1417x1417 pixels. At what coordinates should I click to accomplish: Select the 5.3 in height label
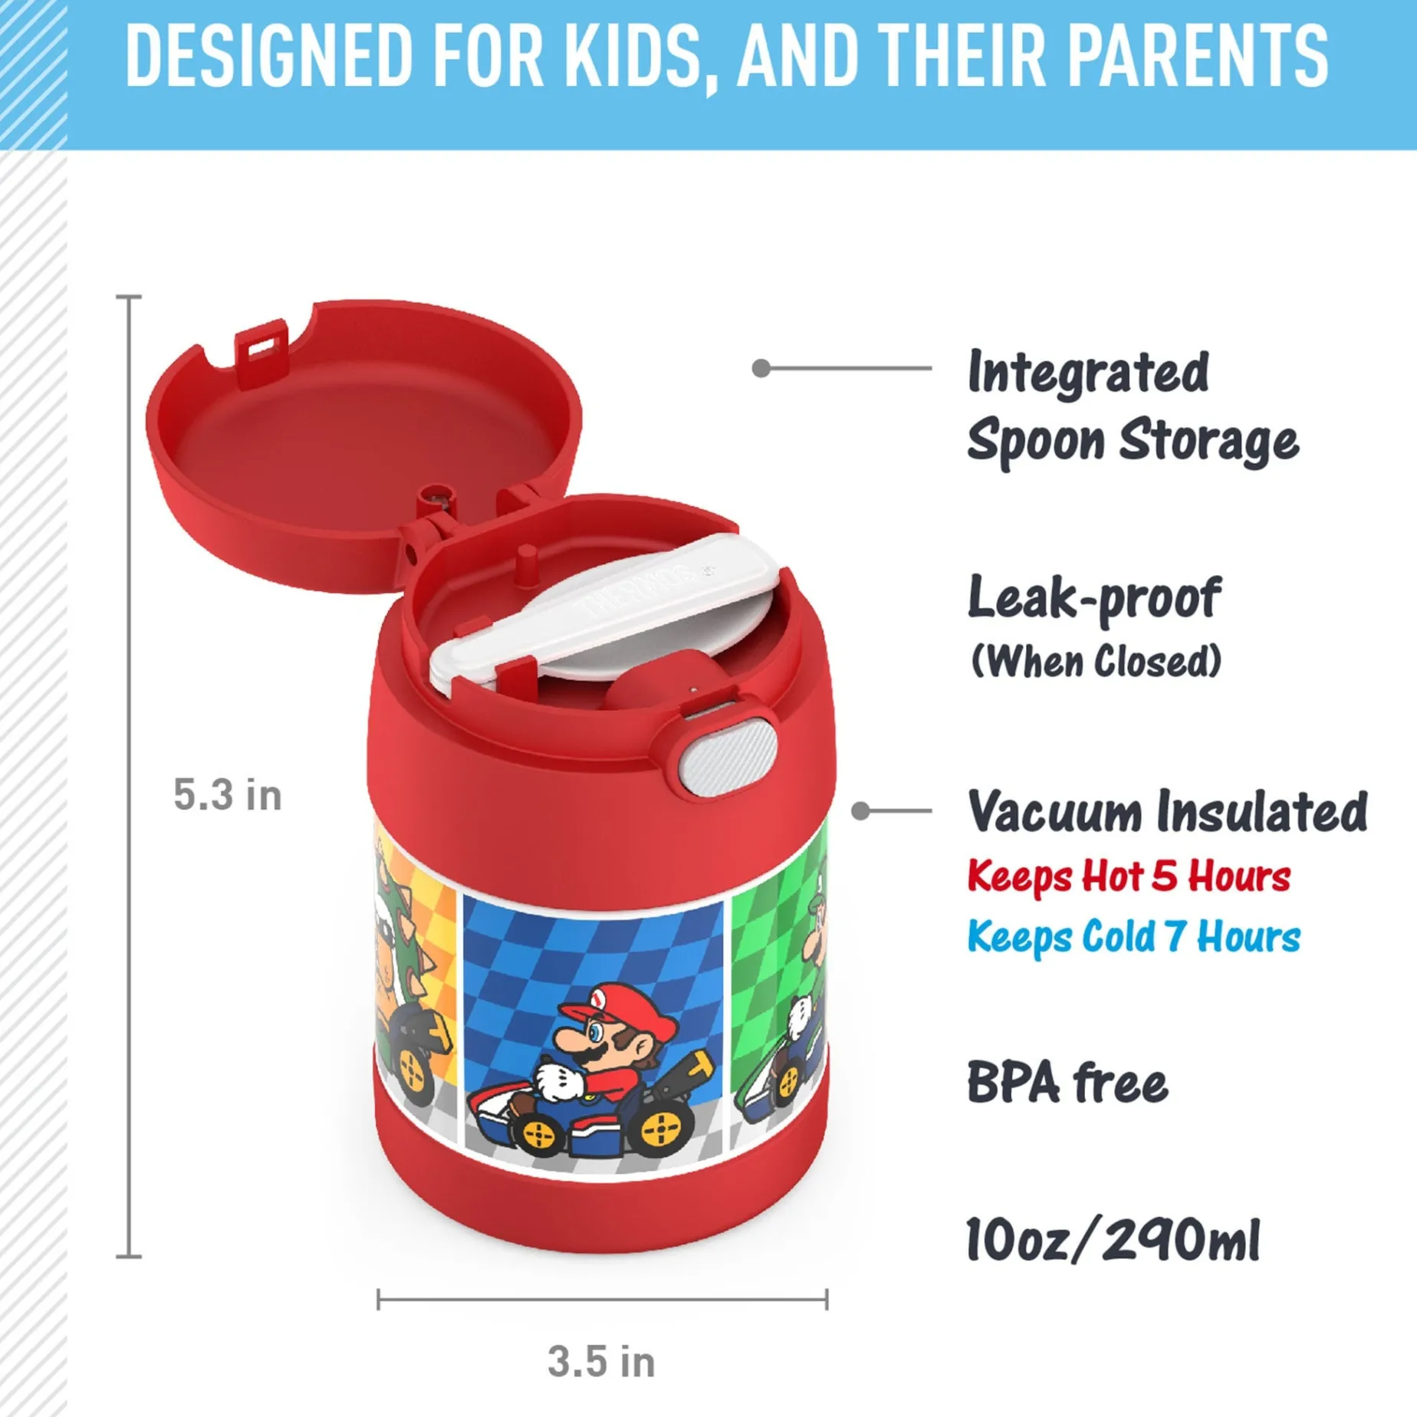click(x=228, y=794)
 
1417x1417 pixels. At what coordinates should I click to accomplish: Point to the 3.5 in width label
click(x=601, y=1362)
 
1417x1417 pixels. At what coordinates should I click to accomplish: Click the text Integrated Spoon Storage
click(x=1133, y=406)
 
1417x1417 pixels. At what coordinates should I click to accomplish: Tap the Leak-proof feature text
click(x=1094, y=598)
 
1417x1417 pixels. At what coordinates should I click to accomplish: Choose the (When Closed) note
click(x=1096, y=661)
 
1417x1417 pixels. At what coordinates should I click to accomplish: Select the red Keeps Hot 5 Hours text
click(x=1129, y=876)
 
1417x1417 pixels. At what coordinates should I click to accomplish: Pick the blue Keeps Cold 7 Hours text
click(x=1134, y=938)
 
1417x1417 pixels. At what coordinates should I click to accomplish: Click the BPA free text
click(x=1067, y=1083)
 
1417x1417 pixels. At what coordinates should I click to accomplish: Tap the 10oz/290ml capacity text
click(x=1113, y=1240)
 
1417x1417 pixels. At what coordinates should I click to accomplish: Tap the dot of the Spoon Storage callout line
click(x=761, y=369)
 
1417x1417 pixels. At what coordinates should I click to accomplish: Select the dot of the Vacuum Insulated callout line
click(x=860, y=811)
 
